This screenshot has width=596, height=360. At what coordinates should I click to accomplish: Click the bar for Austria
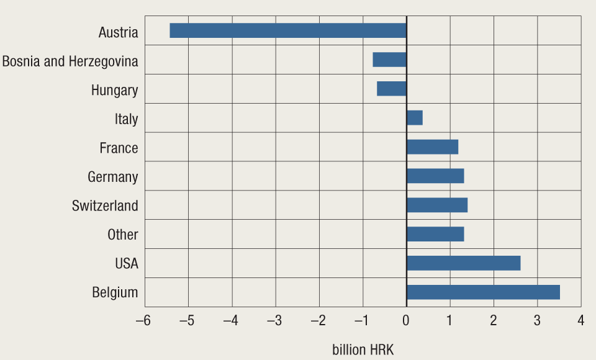point(288,30)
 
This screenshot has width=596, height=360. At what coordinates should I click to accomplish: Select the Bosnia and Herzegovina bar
point(389,60)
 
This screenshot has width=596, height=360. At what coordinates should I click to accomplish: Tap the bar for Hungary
point(391,89)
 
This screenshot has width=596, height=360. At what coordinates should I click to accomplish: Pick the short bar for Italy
point(415,118)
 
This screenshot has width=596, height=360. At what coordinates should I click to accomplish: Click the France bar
point(432,147)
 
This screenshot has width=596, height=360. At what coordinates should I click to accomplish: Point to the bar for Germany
point(435,176)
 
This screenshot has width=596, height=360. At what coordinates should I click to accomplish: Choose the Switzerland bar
point(437,205)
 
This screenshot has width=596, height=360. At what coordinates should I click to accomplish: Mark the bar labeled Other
point(435,234)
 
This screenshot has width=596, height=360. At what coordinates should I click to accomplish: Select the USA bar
point(463,263)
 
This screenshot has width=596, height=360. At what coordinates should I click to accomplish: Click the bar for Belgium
point(483,292)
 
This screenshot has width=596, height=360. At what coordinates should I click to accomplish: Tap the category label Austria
point(118,32)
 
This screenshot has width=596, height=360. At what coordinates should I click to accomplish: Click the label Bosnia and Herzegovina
point(70,61)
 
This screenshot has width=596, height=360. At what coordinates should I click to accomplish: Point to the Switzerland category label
point(105,205)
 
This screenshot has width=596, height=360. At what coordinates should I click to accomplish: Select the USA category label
point(127,264)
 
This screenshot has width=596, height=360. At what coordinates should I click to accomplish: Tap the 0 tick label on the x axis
point(406,321)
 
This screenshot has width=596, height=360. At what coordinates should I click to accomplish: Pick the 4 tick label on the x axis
point(581,321)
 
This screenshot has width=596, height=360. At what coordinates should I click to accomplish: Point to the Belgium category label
point(115,292)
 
